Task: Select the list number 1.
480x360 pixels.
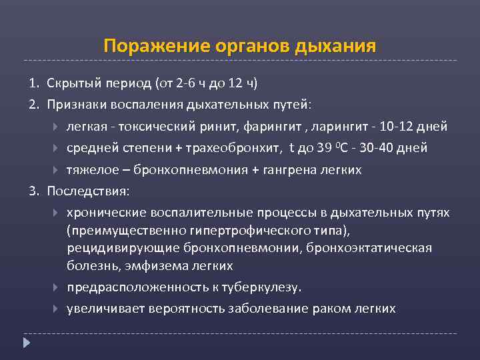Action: [x=32, y=83]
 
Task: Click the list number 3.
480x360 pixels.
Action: [x=32, y=191]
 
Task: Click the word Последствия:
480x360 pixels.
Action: [x=89, y=191]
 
